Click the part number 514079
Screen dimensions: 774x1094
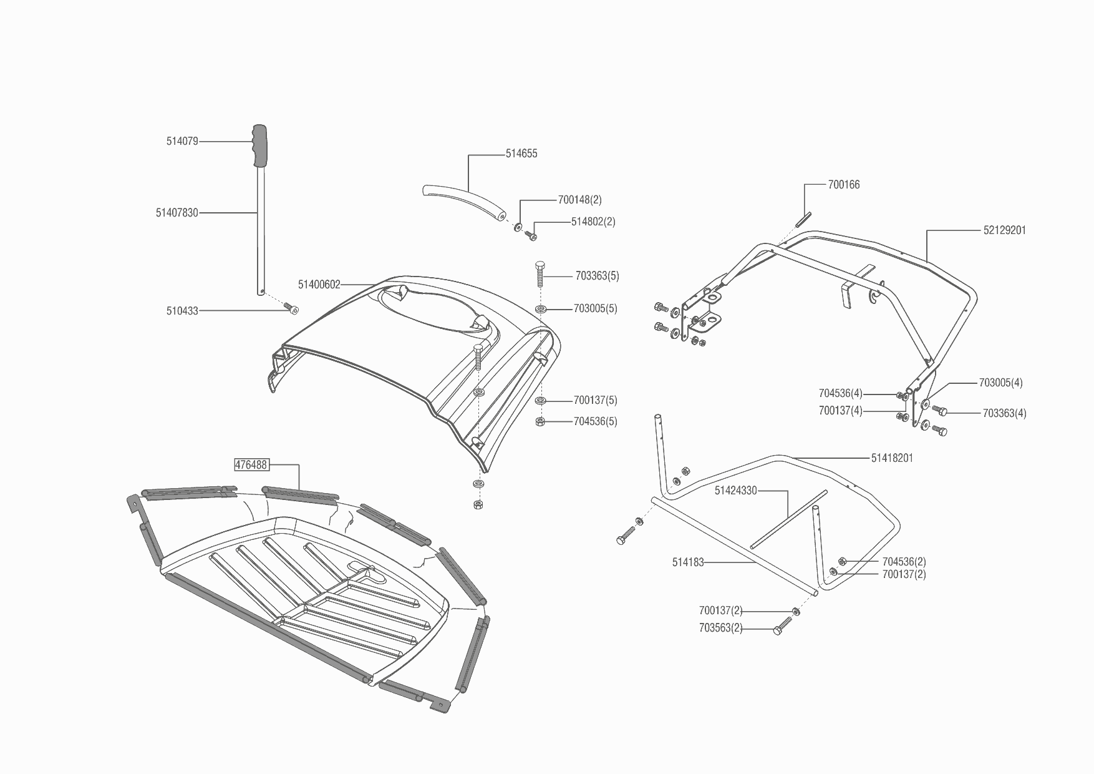click(182, 142)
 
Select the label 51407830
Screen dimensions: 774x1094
click(177, 213)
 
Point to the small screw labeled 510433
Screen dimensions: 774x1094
click(291, 308)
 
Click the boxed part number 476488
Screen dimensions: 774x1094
click(251, 465)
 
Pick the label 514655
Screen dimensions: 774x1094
click(521, 154)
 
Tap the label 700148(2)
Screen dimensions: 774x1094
click(579, 200)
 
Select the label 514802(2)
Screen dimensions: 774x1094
click(593, 222)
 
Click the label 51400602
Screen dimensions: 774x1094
click(319, 285)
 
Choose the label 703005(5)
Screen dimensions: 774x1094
click(595, 309)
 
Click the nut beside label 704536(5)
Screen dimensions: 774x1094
click(540, 422)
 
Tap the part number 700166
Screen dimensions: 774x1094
click(844, 185)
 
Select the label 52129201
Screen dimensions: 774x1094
click(1004, 230)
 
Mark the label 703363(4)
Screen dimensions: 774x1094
click(1004, 413)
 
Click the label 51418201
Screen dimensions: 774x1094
click(892, 458)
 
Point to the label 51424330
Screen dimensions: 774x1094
click(735, 491)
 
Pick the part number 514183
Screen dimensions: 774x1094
click(688, 562)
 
